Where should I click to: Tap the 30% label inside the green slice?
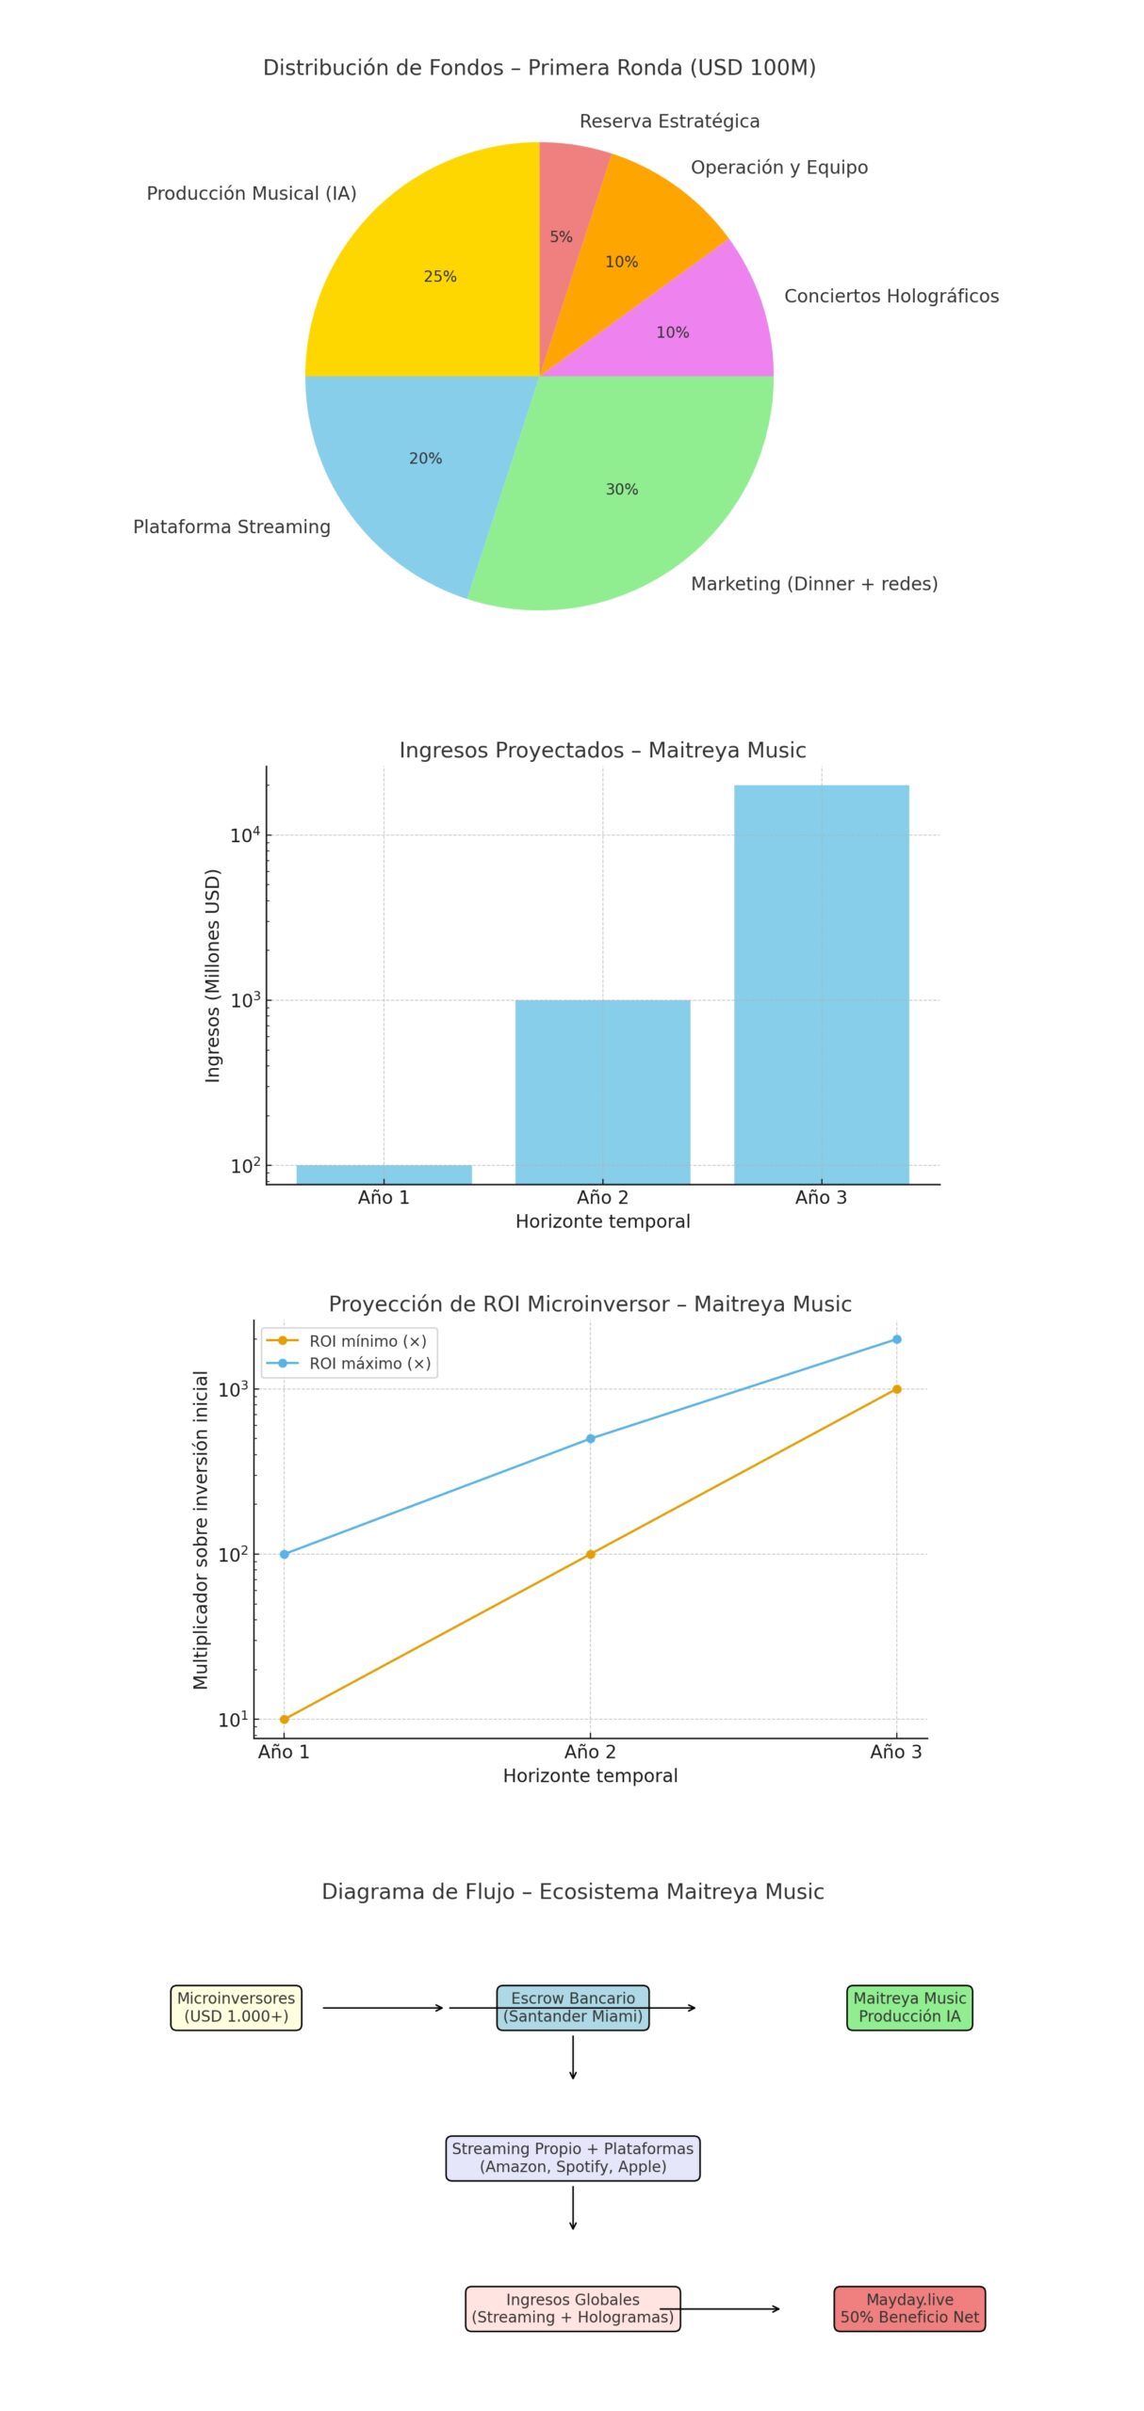click(x=622, y=489)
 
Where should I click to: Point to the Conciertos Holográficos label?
click(x=891, y=296)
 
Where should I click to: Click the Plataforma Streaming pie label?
click(x=232, y=526)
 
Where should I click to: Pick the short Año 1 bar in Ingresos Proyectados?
click(x=384, y=1174)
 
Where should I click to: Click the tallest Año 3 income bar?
click(x=822, y=984)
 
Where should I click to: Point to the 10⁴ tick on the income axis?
click(x=244, y=834)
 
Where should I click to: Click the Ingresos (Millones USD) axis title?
click(x=213, y=976)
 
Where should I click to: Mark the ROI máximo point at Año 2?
click(x=591, y=1438)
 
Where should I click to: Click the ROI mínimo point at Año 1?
click(x=285, y=1719)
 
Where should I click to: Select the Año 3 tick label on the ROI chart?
click(x=895, y=1752)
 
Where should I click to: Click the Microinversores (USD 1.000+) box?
click(x=237, y=2007)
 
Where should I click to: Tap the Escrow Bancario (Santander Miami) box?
click(x=573, y=2007)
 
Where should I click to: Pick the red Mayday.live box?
click(x=909, y=2308)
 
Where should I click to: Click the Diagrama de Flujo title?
click(x=573, y=1891)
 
